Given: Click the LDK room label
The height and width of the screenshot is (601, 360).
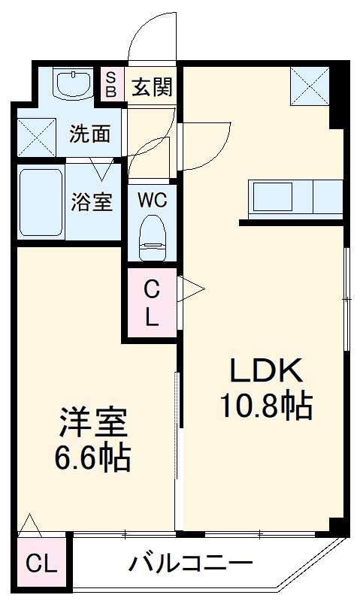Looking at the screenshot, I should [x=265, y=370].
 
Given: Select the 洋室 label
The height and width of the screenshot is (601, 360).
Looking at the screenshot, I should [x=93, y=423].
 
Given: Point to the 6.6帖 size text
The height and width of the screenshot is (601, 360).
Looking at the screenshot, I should [x=93, y=456].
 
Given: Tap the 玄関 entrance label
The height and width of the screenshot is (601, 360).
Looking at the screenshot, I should [x=152, y=88].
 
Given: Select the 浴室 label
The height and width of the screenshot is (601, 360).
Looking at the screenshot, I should [x=92, y=201].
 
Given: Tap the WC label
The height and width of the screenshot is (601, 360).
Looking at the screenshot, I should [x=152, y=201].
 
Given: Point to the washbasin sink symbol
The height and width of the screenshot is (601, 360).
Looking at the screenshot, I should [x=72, y=83].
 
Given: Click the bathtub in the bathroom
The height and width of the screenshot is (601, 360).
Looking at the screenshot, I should [x=41, y=201].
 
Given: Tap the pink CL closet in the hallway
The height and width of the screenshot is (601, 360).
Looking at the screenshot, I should [x=152, y=302].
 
